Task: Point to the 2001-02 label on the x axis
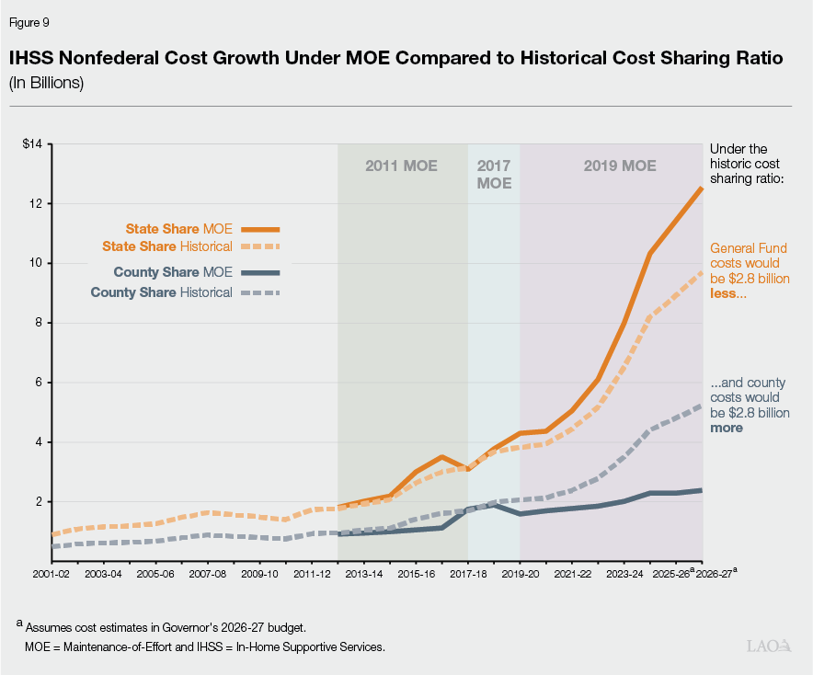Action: click(52, 573)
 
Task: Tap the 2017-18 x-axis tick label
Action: click(468, 573)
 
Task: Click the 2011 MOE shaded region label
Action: click(401, 166)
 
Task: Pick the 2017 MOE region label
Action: click(494, 175)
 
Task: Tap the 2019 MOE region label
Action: click(620, 166)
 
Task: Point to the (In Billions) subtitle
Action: click(47, 83)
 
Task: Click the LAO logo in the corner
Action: click(772, 646)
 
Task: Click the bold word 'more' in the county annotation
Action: click(727, 428)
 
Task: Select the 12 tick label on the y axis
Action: click(38, 203)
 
